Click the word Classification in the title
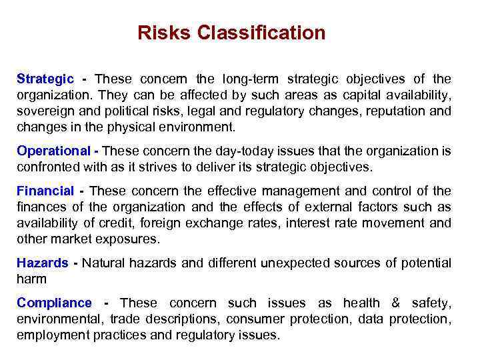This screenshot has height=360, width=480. (x=261, y=33)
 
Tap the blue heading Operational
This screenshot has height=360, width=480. (x=53, y=151)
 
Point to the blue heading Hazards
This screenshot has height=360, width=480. (x=43, y=263)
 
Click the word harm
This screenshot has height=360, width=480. (x=31, y=279)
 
